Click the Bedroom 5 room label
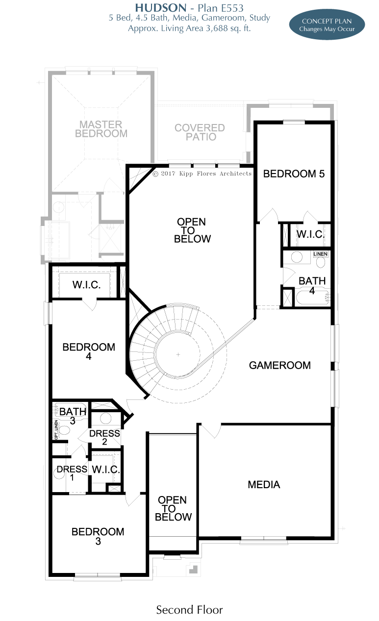click(294, 174)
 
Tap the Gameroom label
click(280, 365)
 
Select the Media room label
click(264, 485)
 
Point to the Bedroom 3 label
click(98, 536)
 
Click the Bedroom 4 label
click(89, 351)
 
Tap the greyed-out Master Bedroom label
click(101, 129)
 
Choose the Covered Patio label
click(200, 132)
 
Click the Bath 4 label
click(312, 286)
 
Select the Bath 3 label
click(73, 416)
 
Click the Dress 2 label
click(104, 437)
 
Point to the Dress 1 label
click(72, 473)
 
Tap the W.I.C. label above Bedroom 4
click(86, 285)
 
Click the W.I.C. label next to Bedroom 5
click(310, 234)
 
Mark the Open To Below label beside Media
click(173, 508)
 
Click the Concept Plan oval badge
click(327, 25)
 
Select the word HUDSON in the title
click(161, 8)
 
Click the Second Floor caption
click(189, 610)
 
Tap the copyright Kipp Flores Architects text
click(202, 174)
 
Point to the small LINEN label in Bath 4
click(320, 254)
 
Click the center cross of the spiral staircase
click(178, 354)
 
